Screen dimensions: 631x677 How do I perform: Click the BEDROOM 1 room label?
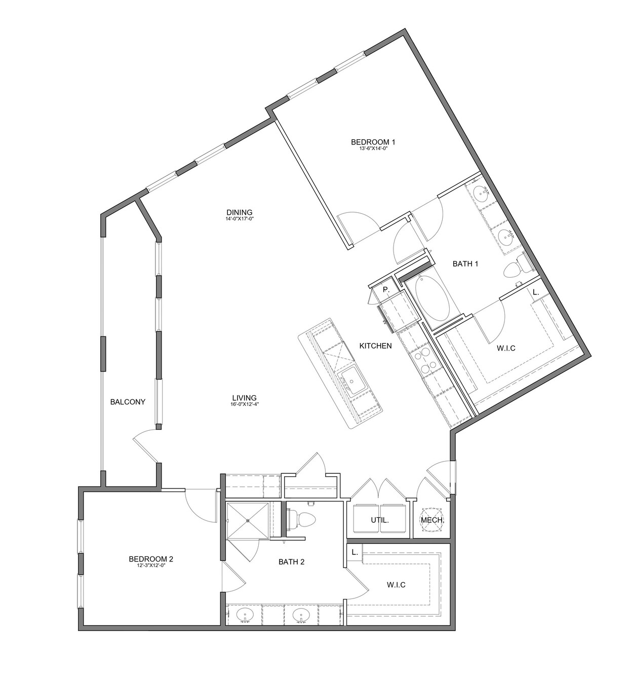point(373,141)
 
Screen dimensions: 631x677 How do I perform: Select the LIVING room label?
point(244,397)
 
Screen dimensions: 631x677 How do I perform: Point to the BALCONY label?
point(128,402)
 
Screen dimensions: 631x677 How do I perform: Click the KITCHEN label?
point(375,346)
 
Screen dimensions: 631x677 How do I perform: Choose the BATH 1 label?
point(465,264)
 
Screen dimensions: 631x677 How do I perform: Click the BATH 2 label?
point(291,562)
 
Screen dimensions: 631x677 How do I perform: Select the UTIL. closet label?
point(379,520)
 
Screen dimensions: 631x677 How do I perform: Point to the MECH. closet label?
point(432,520)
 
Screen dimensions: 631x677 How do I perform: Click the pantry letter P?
point(386,290)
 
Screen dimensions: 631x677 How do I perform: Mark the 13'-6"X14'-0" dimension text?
point(373,148)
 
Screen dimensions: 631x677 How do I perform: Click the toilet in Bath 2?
point(302,519)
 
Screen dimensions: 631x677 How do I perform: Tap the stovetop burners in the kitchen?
point(423,362)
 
